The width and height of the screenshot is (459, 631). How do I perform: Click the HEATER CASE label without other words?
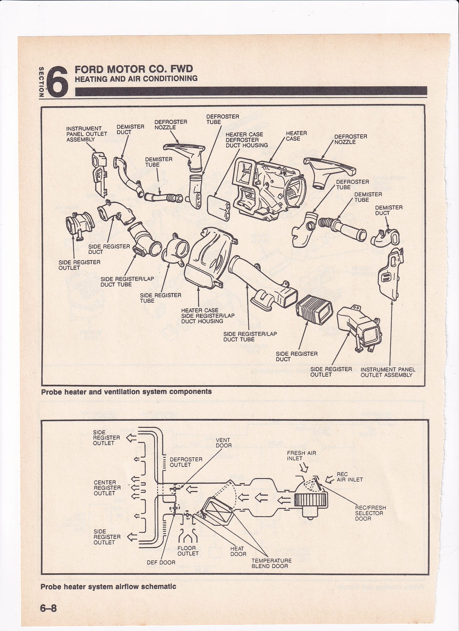[x=296, y=136]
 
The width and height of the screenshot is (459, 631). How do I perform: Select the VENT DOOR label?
[x=224, y=443]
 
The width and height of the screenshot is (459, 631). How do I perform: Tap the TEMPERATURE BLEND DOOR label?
[x=271, y=563]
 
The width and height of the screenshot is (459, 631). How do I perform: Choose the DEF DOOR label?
[x=161, y=562]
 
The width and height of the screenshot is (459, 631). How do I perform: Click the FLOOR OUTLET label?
[x=188, y=551]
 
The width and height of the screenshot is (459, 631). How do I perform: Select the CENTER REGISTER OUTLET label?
[x=107, y=488]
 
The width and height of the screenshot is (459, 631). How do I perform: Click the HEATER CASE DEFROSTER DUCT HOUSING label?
[x=247, y=140]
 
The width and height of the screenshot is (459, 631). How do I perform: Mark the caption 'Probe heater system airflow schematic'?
[x=108, y=587]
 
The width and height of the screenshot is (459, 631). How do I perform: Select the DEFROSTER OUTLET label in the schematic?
[x=186, y=462]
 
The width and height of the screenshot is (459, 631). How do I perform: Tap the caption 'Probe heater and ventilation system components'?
[x=126, y=392]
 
